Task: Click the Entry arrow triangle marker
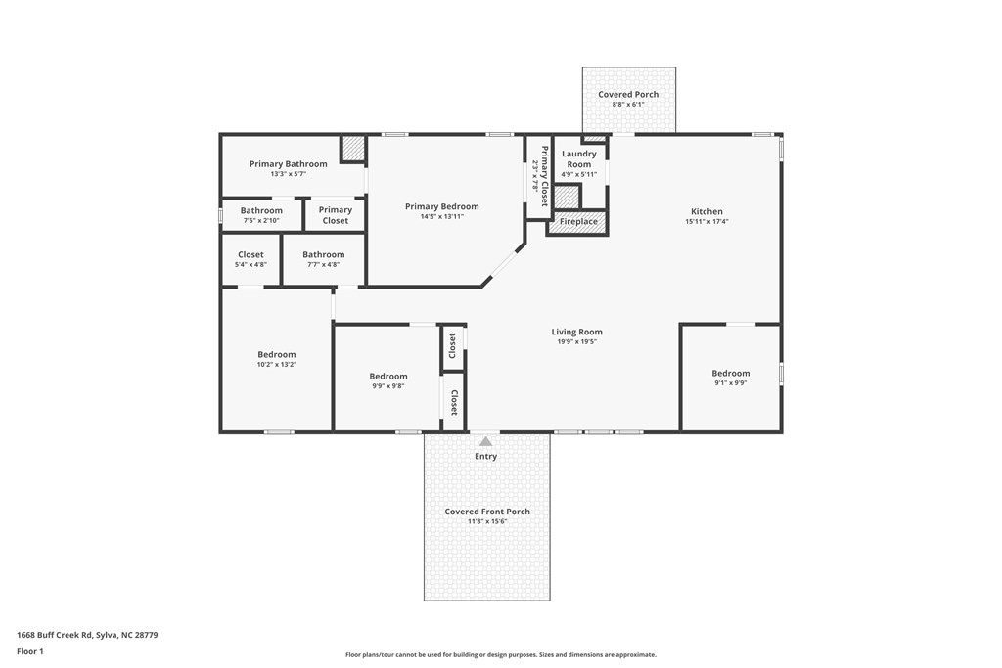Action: (x=485, y=442)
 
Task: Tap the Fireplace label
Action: (x=578, y=222)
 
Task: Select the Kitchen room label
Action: (x=706, y=211)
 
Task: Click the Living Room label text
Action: (x=576, y=332)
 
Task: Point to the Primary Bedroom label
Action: (x=442, y=206)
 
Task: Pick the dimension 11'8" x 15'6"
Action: (x=486, y=522)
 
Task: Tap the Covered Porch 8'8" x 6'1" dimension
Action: (x=628, y=105)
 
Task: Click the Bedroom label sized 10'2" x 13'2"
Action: (x=277, y=354)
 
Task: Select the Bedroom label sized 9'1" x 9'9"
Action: (x=731, y=373)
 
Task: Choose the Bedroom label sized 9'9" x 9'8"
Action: (x=388, y=376)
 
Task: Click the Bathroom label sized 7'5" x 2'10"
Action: (x=261, y=210)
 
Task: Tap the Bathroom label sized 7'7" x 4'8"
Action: (x=323, y=254)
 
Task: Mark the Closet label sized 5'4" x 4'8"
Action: (x=250, y=254)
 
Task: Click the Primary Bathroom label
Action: (x=288, y=164)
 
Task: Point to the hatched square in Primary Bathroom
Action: (x=353, y=149)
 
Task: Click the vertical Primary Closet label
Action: (x=545, y=176)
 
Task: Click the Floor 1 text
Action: (x=30, y=651)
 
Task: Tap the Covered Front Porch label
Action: (x=487, y=512)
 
